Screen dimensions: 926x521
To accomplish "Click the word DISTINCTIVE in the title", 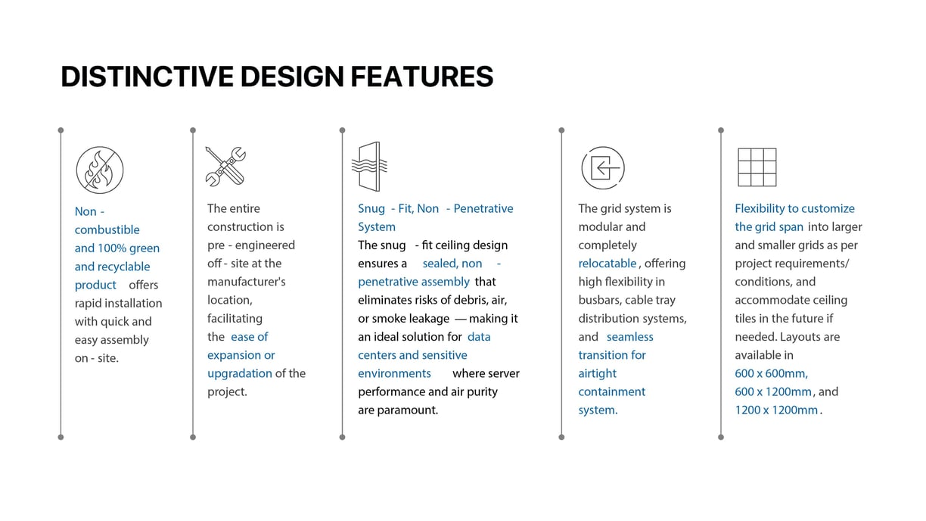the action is [148, 76].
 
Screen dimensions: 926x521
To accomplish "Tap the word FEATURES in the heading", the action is [422, 76].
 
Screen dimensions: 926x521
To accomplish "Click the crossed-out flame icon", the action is [100, 170].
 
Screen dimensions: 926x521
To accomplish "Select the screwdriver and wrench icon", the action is [225, 167].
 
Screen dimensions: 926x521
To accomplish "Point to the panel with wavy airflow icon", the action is [370, 167].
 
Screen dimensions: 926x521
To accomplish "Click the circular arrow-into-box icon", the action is [603, 167].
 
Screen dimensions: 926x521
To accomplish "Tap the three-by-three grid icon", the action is [757, 167].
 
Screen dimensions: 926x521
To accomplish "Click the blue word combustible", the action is [107, 229].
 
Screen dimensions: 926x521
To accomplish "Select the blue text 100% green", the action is [129, 248].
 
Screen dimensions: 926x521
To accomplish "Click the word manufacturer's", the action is [247, 282].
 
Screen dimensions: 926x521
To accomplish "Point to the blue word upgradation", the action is [240, 373].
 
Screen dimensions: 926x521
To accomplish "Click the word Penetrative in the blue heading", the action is [483, 208].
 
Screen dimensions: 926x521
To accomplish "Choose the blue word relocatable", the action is [607, 264].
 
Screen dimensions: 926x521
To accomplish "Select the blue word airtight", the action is [597, 373].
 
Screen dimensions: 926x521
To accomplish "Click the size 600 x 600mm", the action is [772, 373].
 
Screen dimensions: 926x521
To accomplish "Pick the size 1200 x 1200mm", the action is [776, 410].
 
